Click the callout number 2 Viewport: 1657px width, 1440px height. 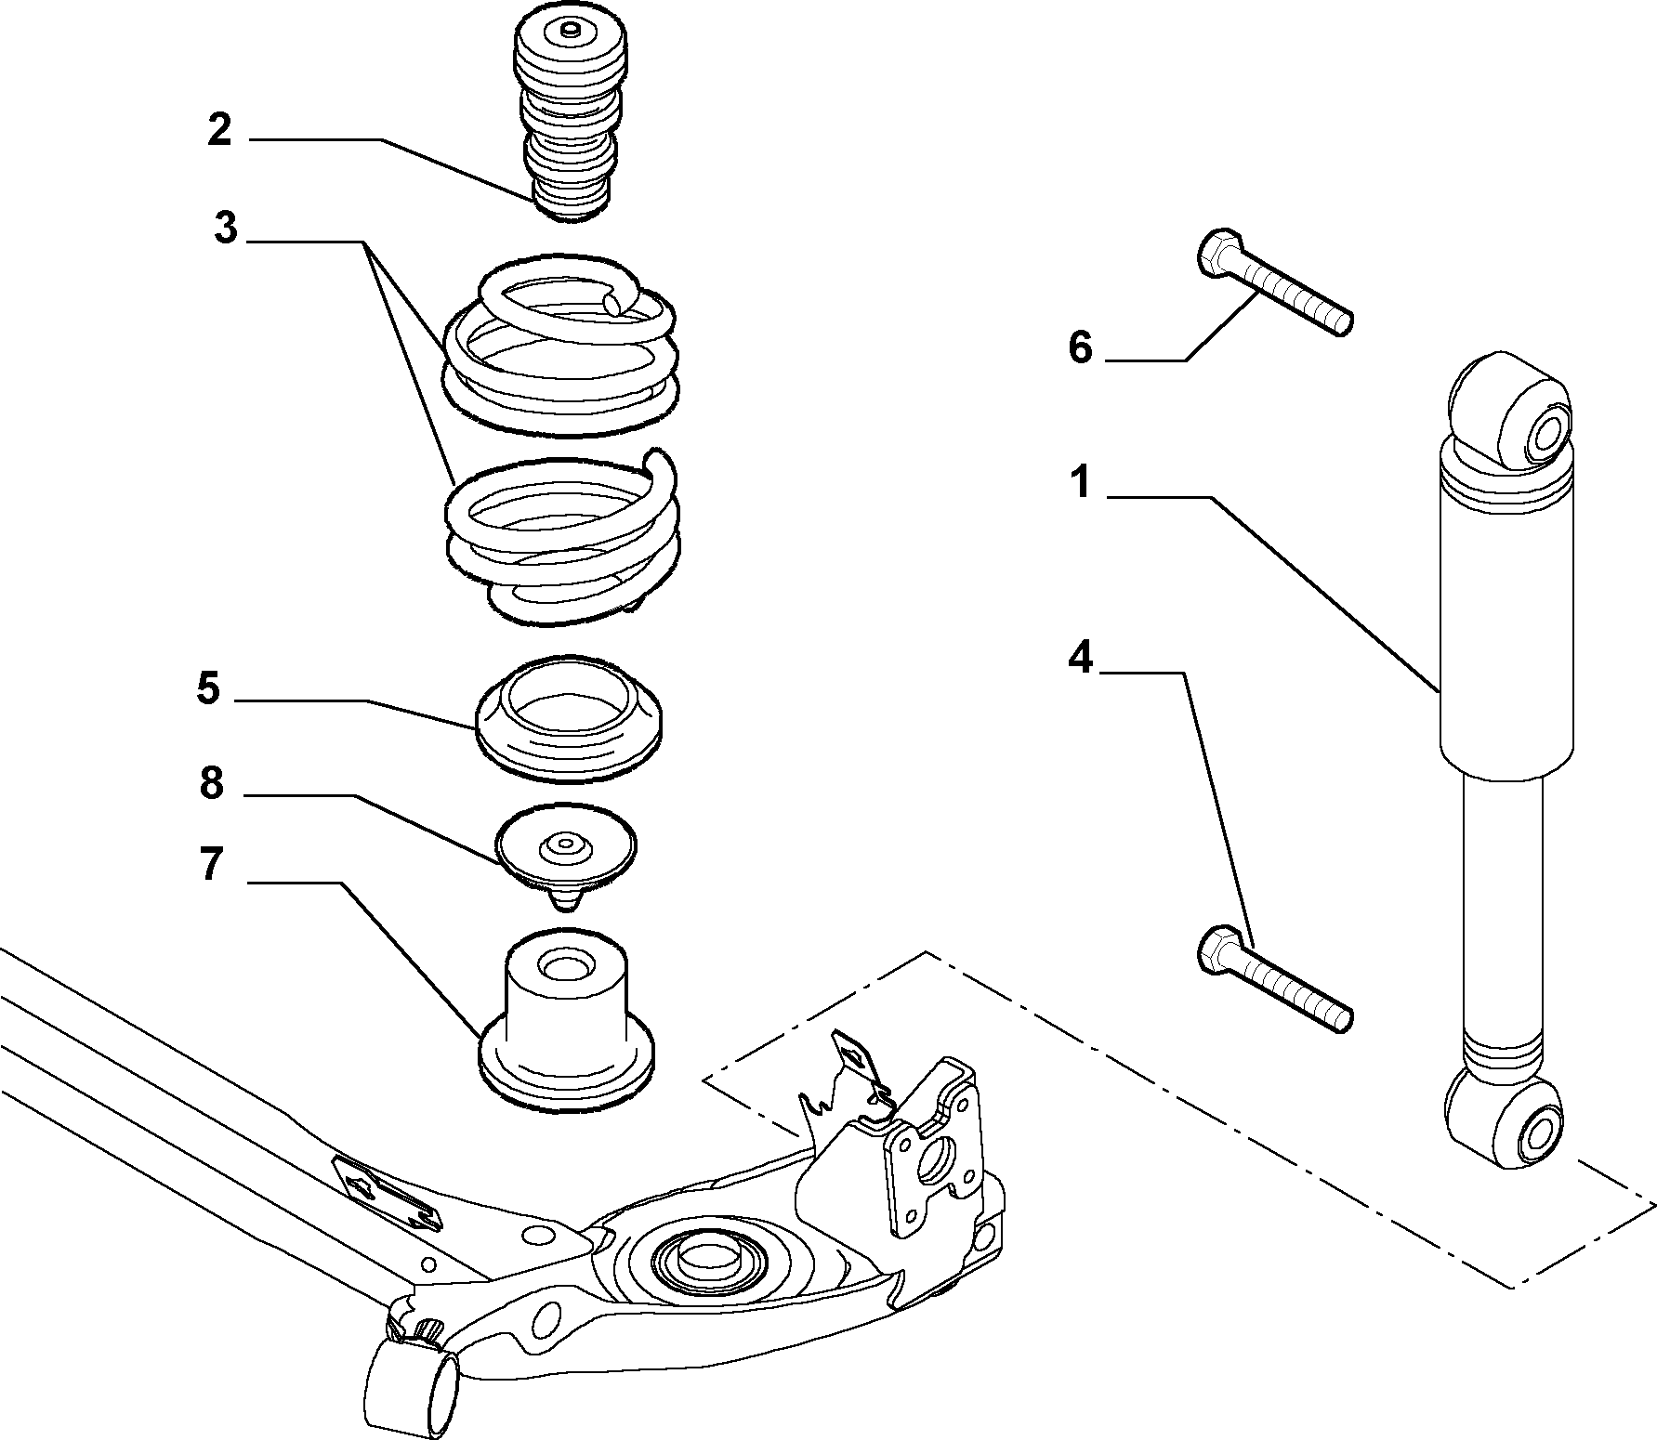tap(219, 130)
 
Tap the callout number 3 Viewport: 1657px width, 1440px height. tap(226, 228)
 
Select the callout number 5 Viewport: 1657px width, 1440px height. tap(207, 689)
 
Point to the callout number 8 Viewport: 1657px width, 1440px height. tap(212, 783)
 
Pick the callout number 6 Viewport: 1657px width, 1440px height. tap(1080, 347)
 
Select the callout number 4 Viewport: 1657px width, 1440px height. tap(1081, 658)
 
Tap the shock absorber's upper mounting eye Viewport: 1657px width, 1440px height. tap(1511, 409)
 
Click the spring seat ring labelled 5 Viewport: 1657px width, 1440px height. tap(569, 718)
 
